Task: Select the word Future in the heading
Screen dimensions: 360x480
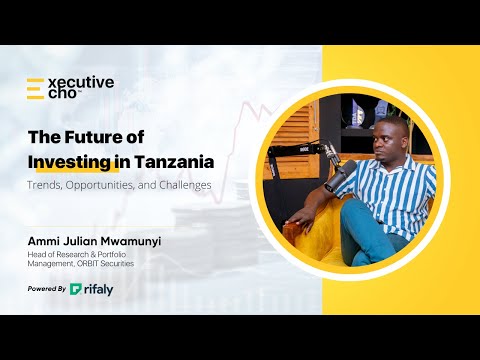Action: click(107, 137)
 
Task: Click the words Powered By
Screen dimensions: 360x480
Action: click(47, 289)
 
